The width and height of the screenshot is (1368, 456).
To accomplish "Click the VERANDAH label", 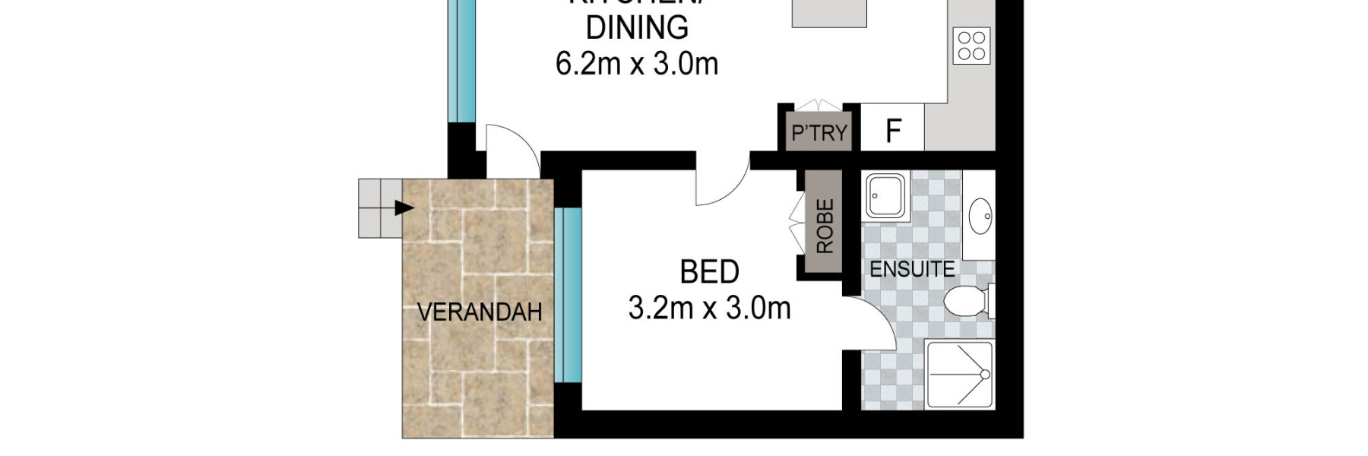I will [x=480, y=312].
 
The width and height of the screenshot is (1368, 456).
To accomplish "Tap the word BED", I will [x=709, y=272].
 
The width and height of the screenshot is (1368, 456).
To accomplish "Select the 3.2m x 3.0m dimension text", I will [x=709, y=309].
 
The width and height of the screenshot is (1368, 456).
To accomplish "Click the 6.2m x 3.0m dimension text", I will [x=637, y=64].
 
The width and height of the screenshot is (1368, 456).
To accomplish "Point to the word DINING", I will [x=637, y=28].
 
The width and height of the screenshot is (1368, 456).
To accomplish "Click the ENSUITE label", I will [x=912, y=269].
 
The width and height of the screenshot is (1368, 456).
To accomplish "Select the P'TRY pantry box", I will [x=819, y=133].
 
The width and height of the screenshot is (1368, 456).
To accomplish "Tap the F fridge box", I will [x=893, y=131].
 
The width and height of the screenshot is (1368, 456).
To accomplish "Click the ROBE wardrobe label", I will [x=825, y=226].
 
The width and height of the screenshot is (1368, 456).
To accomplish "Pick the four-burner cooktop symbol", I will [x=972, y=46].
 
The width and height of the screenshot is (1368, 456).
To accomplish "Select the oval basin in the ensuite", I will [x=980, y=216].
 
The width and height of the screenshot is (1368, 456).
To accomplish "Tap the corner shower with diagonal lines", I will [x=960, y=375].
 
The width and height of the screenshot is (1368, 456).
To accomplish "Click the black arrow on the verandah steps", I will [x=404, y=207].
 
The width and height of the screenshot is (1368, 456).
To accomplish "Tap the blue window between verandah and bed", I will [x=568, y=295].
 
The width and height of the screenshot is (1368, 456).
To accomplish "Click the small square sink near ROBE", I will [x=885, y=196].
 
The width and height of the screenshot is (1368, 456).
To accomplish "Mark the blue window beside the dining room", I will [x=461, y=61].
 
